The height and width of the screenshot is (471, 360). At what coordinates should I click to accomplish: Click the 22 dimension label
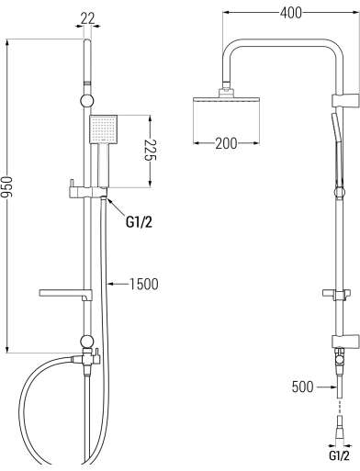[x=88, y=19]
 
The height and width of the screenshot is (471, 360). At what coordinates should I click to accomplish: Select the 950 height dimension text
[x=8, y=186]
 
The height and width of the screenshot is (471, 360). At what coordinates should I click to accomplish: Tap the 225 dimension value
[x=150, y=151]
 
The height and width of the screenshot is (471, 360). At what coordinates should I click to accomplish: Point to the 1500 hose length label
[x=144, y=284]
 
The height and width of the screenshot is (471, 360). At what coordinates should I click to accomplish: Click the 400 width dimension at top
[x=291, y=13]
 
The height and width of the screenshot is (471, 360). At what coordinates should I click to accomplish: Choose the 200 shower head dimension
[x=226, y=143]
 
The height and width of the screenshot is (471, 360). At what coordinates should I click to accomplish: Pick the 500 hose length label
[x=303, y=387]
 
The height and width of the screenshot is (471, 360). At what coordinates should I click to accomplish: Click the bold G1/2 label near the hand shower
[x=139, y=222]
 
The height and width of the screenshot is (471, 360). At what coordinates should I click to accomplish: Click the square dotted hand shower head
[x=103, y=129]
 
